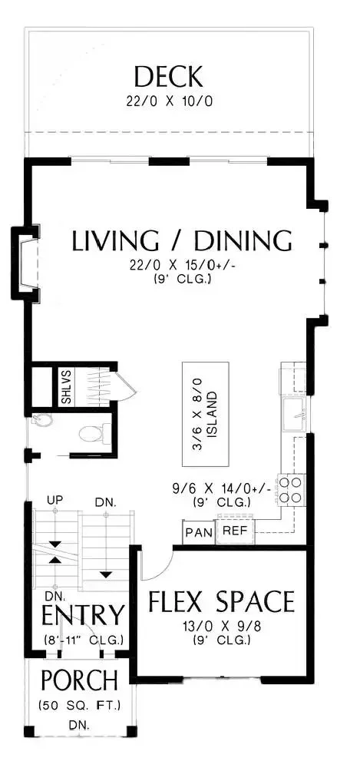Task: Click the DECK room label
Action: tap(168, 77)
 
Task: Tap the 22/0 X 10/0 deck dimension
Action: tap(169, 102)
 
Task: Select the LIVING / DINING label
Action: tap(182, 241)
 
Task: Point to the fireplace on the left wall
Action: tap(25, 263)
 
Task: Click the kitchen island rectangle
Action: tap(206, 414)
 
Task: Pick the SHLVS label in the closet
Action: tap(66, 388)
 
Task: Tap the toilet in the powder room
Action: tap(91, 433)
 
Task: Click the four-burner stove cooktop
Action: tap(290, 489)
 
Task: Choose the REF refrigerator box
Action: tap(235, 531)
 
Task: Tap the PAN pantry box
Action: tap(199, 532)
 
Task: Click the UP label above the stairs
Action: tap(54, 500)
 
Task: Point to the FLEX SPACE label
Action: tap(221, 601)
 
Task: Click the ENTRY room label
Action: tap(82, 614)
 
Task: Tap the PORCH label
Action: tap(79, 680)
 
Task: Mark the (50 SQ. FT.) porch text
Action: tap(80, 706)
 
